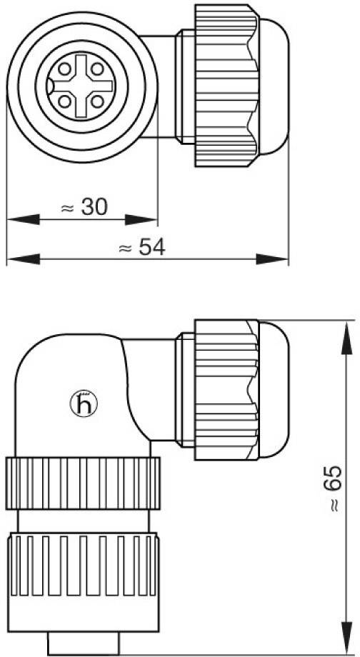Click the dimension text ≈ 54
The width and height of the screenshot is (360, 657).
(x=141, y=248)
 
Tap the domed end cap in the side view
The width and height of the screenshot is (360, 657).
(x=272, y=390)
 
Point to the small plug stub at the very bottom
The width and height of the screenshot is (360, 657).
(x=84, y=642)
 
